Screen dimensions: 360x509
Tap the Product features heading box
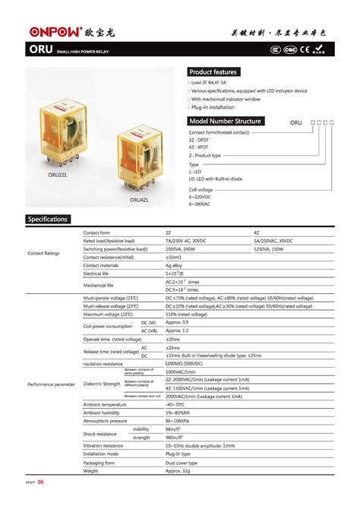click(x=213, y=71)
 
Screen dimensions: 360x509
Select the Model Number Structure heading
click(x=226, y=122)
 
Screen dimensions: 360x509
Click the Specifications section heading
click(x=48, y=220)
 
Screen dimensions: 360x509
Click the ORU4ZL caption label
click(x=141, y=200)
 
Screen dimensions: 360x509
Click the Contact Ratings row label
click(x=44, y=253)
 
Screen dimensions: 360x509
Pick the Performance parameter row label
click(x=52, y=384)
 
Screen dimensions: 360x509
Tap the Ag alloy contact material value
click(x=175, y=266)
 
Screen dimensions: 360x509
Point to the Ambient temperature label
click(x=105, y=404)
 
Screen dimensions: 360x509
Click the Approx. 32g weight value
click(x=179, y=471)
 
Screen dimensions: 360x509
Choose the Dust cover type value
click(x=181, y=463)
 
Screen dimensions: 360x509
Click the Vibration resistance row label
click(x=103, y=446)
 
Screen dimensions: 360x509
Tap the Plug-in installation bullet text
click(x=213, y=107)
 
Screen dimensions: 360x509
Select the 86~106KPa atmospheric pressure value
click(x=179, y=421)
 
